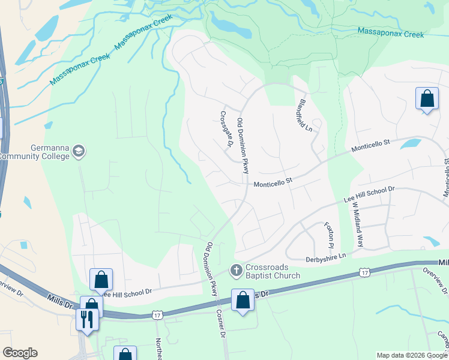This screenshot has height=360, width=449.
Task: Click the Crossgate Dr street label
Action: [x=226, y=128]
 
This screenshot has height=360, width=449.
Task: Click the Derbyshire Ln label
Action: [x=327, y=256]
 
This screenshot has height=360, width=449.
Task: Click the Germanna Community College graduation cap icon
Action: [x=78, y=152]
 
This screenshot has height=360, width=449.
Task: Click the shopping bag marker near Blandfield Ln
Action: [x=426, y=99]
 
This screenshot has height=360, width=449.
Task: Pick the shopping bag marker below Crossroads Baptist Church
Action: [x=243, y=301]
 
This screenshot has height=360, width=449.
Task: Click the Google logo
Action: [x=20, y=353]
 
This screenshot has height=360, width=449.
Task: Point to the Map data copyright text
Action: [x=411, y=355]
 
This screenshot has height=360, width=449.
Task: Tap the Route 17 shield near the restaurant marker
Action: [x=157, y=314]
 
